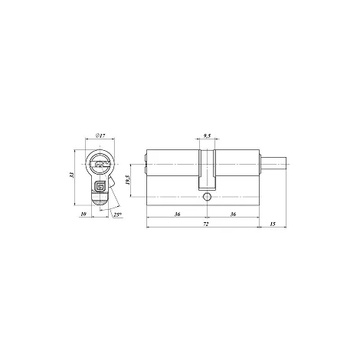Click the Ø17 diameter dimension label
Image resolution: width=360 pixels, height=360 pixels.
[100, 136]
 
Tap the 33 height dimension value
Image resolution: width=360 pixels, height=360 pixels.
[72, 175]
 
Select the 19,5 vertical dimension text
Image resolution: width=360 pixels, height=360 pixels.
[128, 180]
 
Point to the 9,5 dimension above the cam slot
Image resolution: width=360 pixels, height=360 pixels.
[207, 136]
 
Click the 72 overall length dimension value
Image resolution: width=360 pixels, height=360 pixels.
[206, 224]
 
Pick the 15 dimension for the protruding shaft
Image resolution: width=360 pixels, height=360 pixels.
[273, 224]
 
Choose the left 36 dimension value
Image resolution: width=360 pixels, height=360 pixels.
[177, 214]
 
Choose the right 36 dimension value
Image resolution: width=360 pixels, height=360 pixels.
[233, 214]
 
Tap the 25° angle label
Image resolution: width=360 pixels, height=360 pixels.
[117, 214]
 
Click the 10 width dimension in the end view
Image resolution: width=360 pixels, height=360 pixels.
[83, 214]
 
